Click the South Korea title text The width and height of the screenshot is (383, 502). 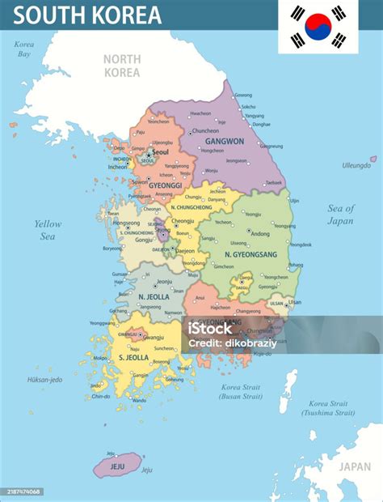pos(87,15)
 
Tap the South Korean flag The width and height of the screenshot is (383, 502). pos(318,27)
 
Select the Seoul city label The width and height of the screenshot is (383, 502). pos(160,151)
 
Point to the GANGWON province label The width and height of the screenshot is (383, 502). pos(225,141)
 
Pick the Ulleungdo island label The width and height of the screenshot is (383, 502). pos(356,165)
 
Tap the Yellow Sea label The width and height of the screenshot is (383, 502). pos(48,229)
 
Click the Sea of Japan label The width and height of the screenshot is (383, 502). pos(340,214)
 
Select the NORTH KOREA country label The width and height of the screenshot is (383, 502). pos(122,65)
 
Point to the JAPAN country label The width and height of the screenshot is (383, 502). pos(354,466)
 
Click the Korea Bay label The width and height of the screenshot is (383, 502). pos(24,49)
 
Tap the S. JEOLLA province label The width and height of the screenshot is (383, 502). pos(133,356)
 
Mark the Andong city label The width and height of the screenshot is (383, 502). pos(261,234)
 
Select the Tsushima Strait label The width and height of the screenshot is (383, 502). pos(328,408)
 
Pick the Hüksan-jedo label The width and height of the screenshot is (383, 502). pos(44,379)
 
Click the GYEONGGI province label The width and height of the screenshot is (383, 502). pos(164,185)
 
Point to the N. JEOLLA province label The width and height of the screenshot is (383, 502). pos(153,296)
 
